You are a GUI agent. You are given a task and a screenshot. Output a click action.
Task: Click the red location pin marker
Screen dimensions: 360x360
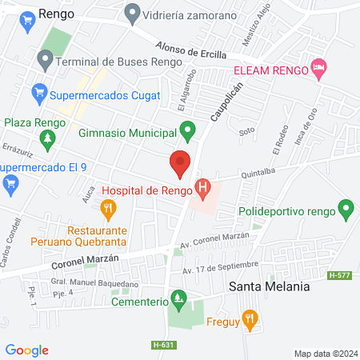(180, 162)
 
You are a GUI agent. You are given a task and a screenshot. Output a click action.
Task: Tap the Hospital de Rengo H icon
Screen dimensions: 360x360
(205, 190)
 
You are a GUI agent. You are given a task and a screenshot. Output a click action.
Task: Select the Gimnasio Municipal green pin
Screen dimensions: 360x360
(188, 129)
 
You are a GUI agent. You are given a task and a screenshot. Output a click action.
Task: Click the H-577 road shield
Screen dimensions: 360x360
(340, 274)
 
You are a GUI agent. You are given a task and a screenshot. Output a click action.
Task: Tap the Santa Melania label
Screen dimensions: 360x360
(267, 286)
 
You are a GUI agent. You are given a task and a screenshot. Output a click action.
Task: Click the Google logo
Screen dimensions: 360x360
(27, 350)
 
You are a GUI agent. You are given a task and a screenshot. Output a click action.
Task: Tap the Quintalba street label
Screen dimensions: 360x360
(257, 170)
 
